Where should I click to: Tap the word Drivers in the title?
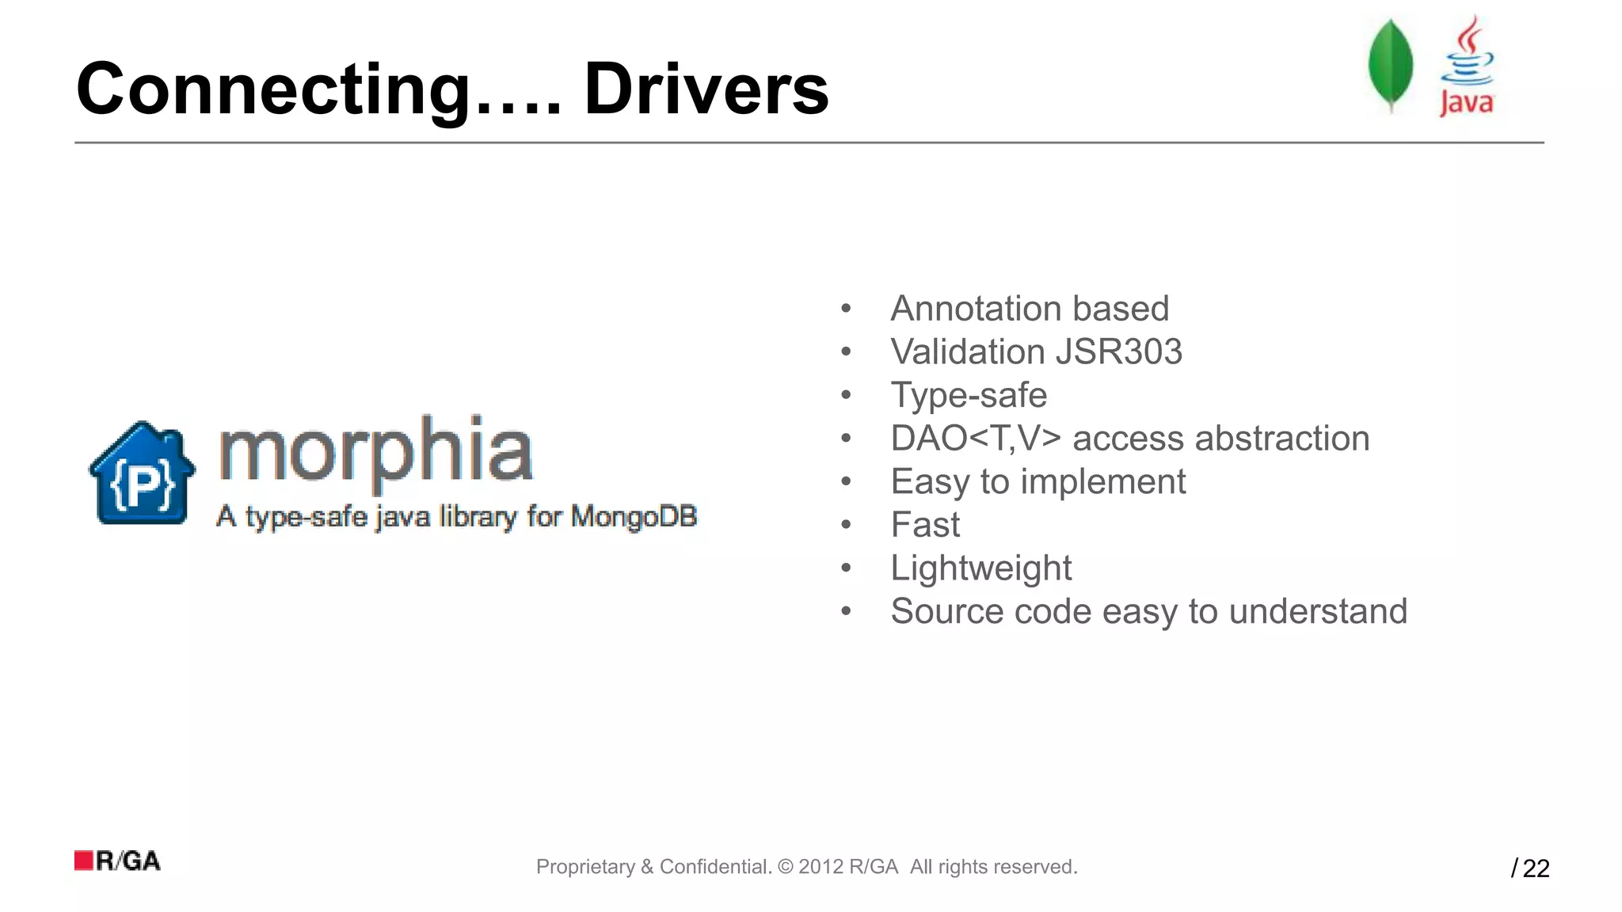706,89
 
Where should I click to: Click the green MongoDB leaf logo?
1391,65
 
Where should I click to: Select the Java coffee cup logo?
1467,66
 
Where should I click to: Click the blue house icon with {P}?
143,473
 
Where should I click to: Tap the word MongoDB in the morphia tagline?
634,516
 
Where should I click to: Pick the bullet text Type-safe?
969,395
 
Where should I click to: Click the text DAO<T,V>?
975,439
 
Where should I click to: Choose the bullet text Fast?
925,525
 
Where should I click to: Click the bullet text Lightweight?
980,568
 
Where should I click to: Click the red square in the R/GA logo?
84,861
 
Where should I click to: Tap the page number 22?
1536,868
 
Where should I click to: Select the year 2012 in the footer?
820,867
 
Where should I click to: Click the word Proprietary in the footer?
585,867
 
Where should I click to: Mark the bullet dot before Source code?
846,611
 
